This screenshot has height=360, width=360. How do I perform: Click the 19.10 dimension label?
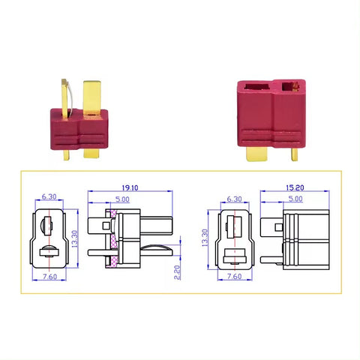coord(130,187)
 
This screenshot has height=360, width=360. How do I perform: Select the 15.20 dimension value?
coord(295,187)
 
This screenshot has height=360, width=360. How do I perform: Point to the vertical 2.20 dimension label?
coord(177,272)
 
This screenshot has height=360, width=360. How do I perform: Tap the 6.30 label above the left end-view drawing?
coord(49,196)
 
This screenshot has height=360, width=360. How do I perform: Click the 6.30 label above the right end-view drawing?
coord(234,199)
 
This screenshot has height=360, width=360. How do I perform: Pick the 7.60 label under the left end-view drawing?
coord(49,277)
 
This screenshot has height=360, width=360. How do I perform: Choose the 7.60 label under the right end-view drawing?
coord(234,276)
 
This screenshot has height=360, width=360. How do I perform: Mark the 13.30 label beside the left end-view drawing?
coord(75,239)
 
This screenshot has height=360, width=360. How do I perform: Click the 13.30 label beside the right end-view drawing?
coord(205,238)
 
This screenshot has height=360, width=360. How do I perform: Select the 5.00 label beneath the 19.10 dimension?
coord(122,199)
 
